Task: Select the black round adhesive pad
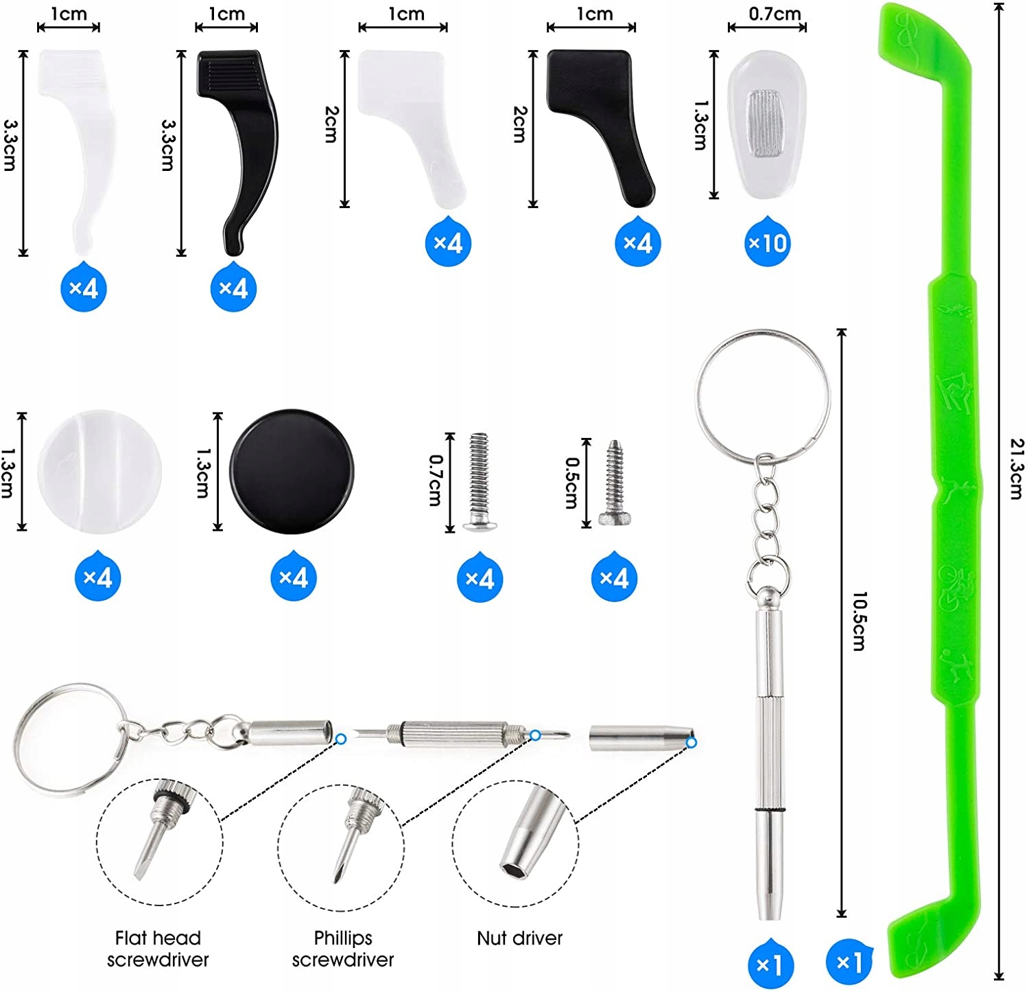tap(293, 472)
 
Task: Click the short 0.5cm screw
tap(612, 483)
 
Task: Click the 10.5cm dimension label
tap(860, 621)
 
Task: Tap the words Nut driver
tap(519, 938)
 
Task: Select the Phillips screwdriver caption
tap(343, 948)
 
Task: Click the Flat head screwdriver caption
tap(158, 948)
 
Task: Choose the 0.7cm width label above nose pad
tap(774, 13)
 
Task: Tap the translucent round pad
tap(99, 471)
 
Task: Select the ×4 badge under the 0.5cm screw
tap(614, 578)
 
